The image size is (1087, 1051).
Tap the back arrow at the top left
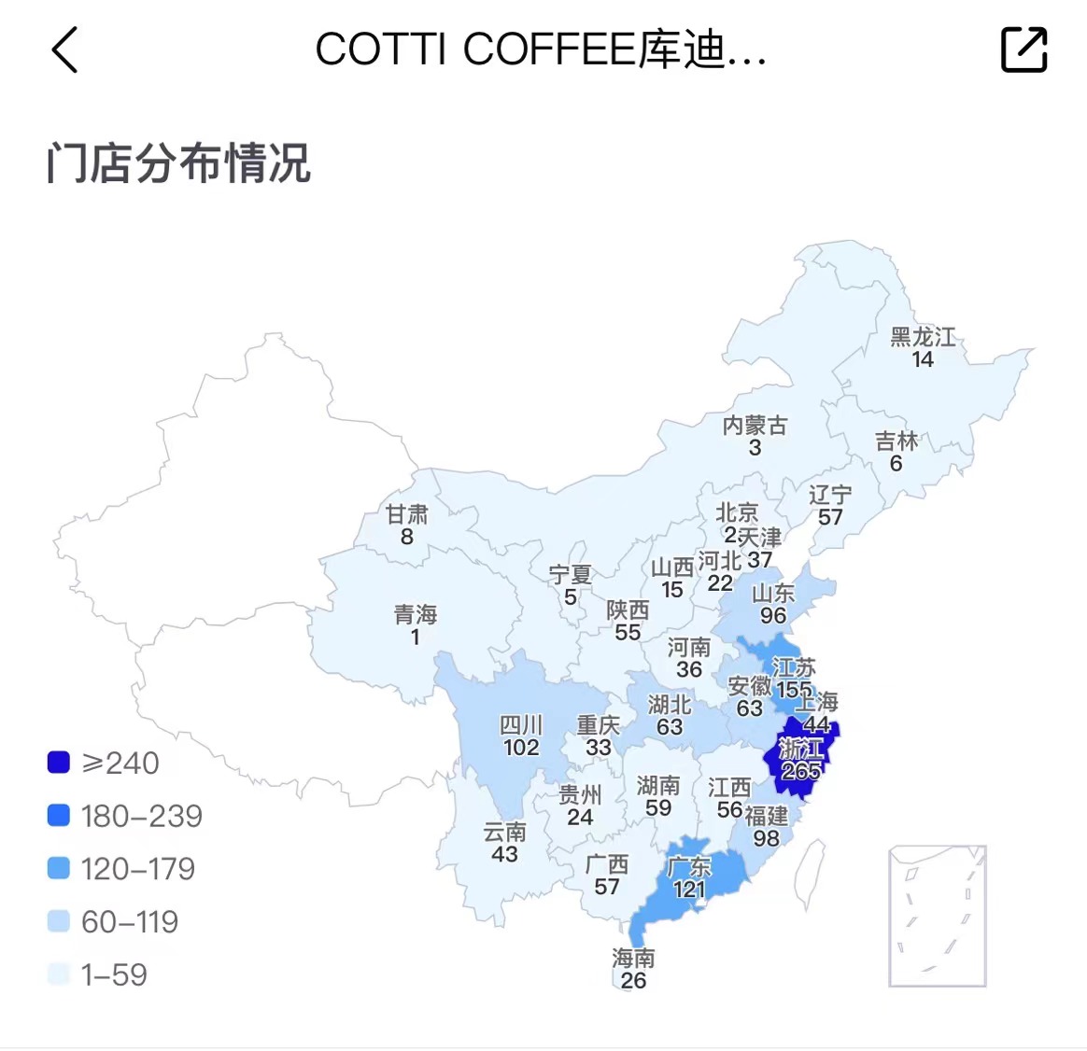[64, 49]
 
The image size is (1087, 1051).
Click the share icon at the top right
[1023, 49]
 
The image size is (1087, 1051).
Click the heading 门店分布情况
[178, 163]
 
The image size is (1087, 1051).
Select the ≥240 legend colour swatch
[59, 763]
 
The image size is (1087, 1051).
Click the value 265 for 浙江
[801, 771]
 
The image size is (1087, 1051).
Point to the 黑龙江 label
[923, 337]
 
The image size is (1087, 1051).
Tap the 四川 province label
[521, 725]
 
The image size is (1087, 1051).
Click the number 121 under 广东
[689, 889]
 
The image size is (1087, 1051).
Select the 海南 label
[633, 958]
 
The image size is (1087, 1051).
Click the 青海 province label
[416, 614]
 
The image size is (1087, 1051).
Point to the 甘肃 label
[407, 513]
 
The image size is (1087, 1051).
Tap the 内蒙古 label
[755, 426]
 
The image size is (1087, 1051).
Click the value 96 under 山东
[773, 616]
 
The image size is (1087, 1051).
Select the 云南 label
[504, 831]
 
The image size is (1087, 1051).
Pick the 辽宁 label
[830, 494]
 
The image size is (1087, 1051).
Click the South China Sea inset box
[937, 916]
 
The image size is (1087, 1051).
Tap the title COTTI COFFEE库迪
[540, 49]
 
